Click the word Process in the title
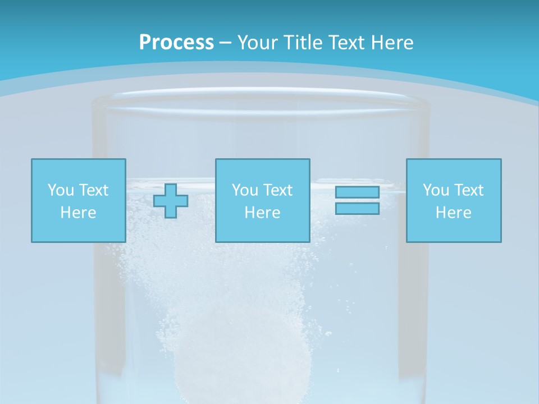(176, 42)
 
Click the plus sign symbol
(171, 200)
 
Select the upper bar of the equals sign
(357, 192)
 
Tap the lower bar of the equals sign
(357, 208)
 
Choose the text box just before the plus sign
(79, 200)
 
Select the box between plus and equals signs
(262, 200)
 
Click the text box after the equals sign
(454, 200)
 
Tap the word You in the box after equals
(436, 190)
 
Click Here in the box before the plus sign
(79, 213)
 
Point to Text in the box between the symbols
(277, 190)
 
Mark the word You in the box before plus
(61, 190)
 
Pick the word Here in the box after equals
(454, 213)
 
